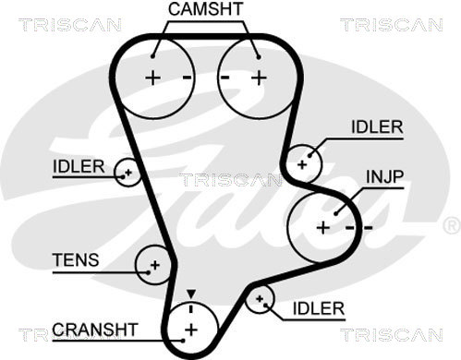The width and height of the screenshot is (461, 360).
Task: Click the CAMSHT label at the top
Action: point(205,8)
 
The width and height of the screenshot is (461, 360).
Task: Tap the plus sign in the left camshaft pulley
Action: point(152,78)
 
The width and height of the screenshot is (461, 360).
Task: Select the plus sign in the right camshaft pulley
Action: point(259,78)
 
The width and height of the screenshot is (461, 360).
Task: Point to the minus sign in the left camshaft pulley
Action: point(188,78)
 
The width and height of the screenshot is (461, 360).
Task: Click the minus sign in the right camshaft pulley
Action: point(224,78)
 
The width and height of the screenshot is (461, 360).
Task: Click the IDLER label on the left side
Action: point(79,166)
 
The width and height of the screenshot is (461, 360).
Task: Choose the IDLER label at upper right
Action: point(377,126)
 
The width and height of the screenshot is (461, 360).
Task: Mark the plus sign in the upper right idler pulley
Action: point(302,164)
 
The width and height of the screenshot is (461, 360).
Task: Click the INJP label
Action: point(384,176)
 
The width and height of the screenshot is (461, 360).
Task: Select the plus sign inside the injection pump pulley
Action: point(323,228)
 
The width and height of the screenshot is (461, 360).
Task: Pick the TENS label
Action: point(76,260)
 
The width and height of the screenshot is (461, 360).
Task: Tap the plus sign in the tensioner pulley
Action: point(155,265)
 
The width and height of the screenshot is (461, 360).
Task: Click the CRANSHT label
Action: point(95,330)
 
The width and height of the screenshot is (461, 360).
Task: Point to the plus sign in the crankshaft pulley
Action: point(191,330)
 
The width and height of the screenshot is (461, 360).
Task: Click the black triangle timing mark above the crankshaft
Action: point(191,294)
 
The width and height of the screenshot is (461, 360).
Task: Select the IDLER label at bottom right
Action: point(319,308)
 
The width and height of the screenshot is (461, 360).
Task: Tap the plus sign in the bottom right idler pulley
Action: point(260,298)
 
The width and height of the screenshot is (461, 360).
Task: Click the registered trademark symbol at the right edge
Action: point(452,225)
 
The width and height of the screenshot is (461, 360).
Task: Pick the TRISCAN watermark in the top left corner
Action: point(70,25)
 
